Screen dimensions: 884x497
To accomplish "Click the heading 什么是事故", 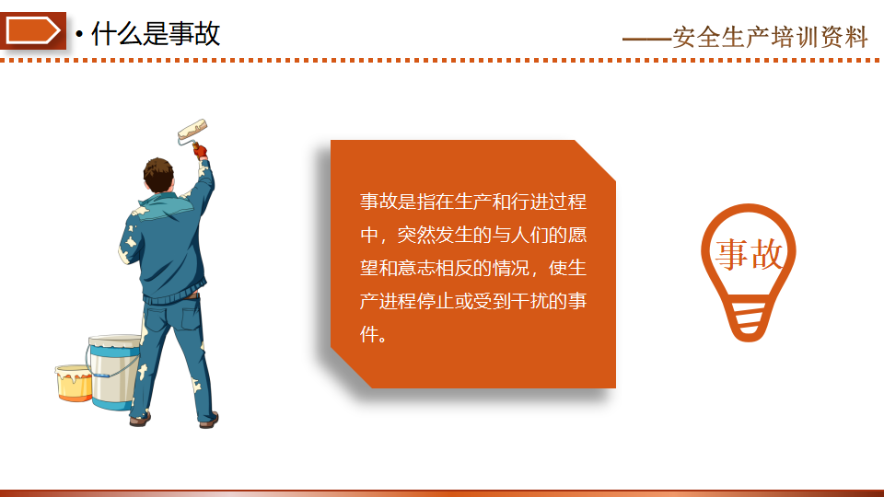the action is [x=155, y=33].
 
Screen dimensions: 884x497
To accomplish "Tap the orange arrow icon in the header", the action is [x=33, y=30].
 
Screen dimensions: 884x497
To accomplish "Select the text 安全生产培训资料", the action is [x=770, y=37].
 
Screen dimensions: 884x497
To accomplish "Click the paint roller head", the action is [x=192, y=129].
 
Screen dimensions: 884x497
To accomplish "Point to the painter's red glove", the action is [x=200, y=150].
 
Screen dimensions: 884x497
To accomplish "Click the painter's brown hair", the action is [x=157, y=174].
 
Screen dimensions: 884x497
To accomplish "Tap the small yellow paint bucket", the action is [x=74, y=383].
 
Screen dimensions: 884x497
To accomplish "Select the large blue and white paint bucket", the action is [x=114, y=372].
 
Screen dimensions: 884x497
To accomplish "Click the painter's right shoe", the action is [x=209, y=420].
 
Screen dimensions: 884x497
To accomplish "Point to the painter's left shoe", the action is [x=140, y=419].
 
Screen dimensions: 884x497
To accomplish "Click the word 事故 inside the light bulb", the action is [x=750, y=254].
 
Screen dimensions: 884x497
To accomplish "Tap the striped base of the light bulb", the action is [x=750, y=321].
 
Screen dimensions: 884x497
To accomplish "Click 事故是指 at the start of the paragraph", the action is [x=398, y=202].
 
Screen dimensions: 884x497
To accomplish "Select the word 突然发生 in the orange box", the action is [x=435, y=235].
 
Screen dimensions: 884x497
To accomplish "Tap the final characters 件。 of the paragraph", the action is [x=374, y=335].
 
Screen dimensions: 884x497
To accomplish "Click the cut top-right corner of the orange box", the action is [x=595, y=160].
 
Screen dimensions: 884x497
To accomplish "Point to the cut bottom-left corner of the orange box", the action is [x=351, y=367].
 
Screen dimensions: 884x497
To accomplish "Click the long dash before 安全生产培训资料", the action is [x=646, y=39].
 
